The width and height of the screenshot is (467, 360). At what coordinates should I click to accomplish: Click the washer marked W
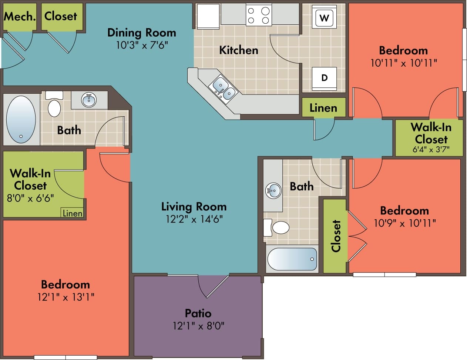coord(324,17)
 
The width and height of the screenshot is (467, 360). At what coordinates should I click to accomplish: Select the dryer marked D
coord(324,78)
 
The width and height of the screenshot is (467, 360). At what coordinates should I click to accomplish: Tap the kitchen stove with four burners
coord(259,15)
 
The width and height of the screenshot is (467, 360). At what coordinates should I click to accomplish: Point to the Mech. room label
coord(20,16)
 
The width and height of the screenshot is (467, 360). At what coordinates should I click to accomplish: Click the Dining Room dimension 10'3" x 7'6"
coord(142,45)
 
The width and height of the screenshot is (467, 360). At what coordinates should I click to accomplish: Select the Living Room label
coord(194,206)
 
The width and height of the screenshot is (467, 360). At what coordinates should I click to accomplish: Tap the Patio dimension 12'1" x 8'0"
coord(198,326)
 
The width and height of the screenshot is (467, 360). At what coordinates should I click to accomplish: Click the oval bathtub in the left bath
coord(21,119)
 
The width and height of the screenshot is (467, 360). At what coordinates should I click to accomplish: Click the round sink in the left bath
coord(89,100)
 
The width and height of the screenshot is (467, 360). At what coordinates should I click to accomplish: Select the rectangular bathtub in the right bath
coord(292,259)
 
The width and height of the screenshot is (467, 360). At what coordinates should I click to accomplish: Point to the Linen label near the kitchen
coord(323,108)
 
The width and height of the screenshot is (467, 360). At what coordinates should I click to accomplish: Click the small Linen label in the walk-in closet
coord(72,213)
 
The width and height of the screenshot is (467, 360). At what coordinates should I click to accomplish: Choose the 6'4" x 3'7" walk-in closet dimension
coord(431,150)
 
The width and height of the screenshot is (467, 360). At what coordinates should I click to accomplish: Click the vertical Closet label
coord(336,236)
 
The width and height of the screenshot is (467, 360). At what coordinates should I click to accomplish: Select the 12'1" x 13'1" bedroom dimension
coord(66,297)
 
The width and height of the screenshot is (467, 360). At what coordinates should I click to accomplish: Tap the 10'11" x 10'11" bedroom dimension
coord(404,63)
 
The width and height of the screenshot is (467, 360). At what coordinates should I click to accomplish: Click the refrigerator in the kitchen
coord(208,16)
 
